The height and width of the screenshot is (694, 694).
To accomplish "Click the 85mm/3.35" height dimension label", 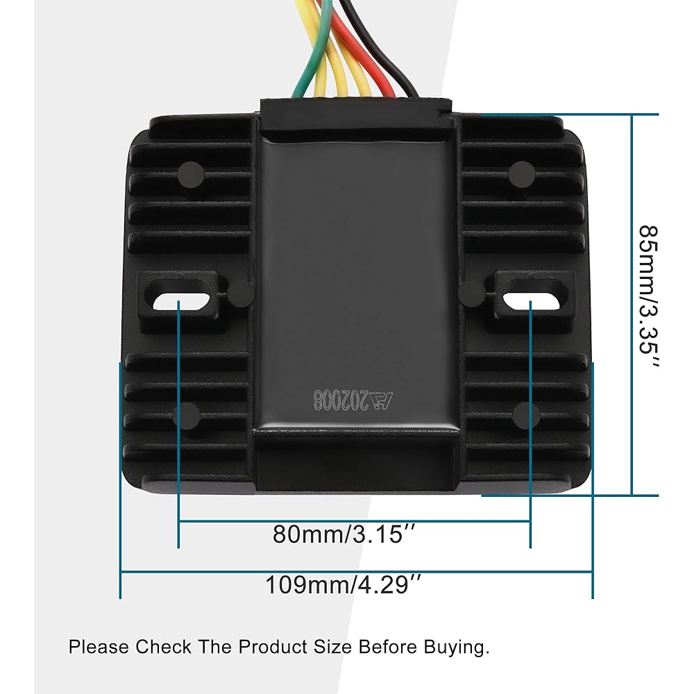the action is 648,296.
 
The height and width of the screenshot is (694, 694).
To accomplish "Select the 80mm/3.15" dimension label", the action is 344,534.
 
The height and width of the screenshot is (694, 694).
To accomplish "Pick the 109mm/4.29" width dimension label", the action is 343,584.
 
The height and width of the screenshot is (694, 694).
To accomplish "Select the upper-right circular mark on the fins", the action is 523,174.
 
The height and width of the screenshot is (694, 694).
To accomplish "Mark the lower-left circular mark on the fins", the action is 186,416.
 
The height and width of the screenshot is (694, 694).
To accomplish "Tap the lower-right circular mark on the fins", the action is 526,416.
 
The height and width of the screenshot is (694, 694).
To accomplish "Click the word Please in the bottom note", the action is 99,647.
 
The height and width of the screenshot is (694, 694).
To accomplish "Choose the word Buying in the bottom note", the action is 457,648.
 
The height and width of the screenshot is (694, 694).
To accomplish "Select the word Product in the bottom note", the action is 272,647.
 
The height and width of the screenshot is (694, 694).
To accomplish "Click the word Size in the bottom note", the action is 332,647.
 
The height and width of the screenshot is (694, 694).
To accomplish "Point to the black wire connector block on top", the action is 356,116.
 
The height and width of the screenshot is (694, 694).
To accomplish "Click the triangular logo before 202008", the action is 380,400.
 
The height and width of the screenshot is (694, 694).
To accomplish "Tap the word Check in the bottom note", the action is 163,647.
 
